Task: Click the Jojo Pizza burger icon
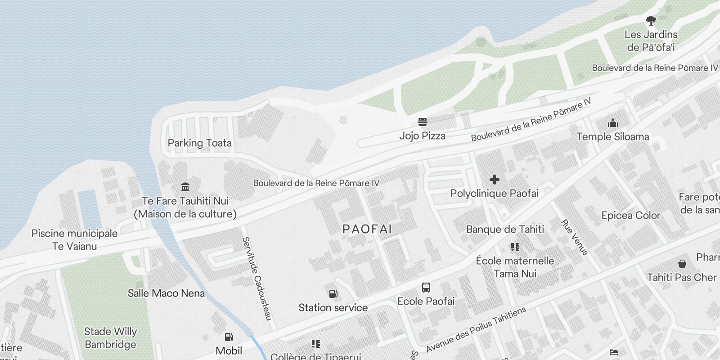(x=422, y=122)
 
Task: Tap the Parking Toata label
(x=199, y=143)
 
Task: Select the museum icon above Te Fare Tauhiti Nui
(x=185, y=187)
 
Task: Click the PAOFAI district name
(x=367, y=229)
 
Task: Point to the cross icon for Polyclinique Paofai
(x=494, y=180)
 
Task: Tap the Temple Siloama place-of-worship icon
(x=612, y=123)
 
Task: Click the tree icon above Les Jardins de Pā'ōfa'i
(x=651, y=21)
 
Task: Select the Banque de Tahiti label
(x=505, y=229)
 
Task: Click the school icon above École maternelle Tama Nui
(x=515, y=247)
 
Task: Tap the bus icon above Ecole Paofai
(x=426, y=288)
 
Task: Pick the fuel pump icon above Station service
(x=333, y=294)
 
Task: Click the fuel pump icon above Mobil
(x=229, y=337)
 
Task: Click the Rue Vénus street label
(x=575, y=237)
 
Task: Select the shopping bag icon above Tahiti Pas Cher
(x=682, y=264)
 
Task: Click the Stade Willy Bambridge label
(x=110, y=338)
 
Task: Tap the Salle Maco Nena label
(x=166, y=293)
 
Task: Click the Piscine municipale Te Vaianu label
(x=74, y=240)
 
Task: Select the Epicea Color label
(x=630, y=216)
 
